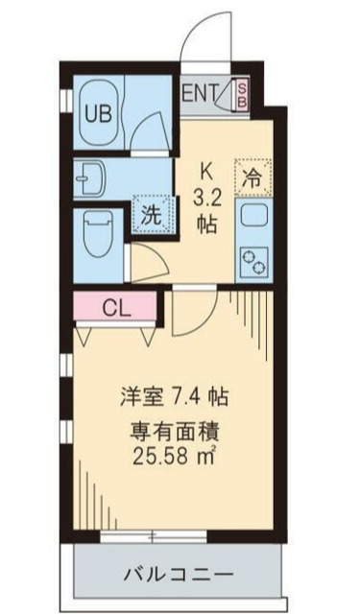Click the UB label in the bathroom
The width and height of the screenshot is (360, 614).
click(99, 114)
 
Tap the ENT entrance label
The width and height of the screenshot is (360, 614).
click(200, 94)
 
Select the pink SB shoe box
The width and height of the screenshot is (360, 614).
click(242, 94)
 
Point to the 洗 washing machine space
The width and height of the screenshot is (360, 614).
click(152, 215)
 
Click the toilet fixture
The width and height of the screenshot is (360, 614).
click(98, 233)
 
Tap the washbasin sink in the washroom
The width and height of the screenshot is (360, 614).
click(91, 178)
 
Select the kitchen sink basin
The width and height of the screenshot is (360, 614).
click(253, 215)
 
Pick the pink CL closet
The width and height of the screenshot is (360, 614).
click(115, 307)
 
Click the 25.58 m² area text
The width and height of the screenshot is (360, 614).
click(174, 456)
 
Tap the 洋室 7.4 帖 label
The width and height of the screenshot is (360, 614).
click(175, 396)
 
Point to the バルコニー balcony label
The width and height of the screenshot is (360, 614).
click(179, 575)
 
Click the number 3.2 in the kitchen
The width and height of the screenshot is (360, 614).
click(206, 199)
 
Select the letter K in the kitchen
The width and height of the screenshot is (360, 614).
click(206, 172)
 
